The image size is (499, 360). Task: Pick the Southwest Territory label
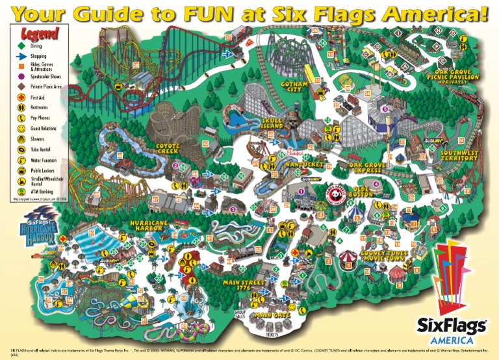click(x=459, y=155)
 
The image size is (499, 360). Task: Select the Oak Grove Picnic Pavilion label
click(x=458, y=76)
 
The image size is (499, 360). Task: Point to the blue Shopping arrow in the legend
click(x=19, y=57)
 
